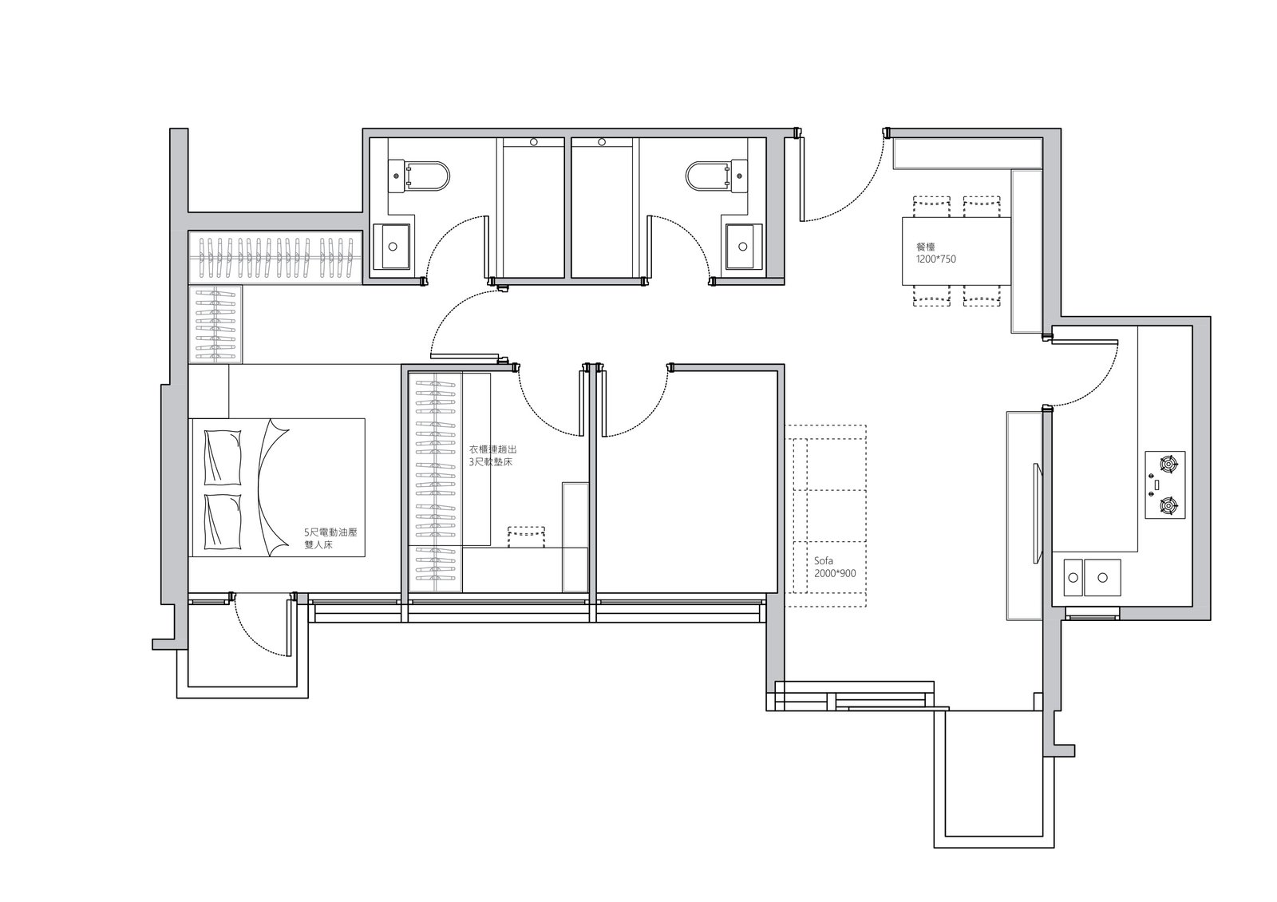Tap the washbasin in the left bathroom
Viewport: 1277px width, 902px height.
click(x=392, y=247)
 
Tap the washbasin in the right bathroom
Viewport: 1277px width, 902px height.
click(x=743, y=247)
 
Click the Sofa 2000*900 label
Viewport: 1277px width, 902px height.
click(x=835, y=568)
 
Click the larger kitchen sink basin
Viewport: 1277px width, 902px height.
click(x=1102, y=578)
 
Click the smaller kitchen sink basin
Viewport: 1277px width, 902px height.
click(x=1073, y=578)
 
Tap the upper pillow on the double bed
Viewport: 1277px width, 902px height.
click(x=223, y=457)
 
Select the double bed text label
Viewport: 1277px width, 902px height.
click(x=330, y=538)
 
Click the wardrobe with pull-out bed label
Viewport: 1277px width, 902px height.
click(x=492, y=456)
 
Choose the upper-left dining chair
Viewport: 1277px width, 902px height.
click(x=931, y=207)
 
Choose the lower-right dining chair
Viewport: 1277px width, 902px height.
click(x=982, y=295)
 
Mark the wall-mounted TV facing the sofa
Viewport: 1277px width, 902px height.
click(x=1038, y=514)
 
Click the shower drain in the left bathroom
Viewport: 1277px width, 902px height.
click(x=534, y=142)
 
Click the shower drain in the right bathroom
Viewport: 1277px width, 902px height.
click(x=602, y=142)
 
